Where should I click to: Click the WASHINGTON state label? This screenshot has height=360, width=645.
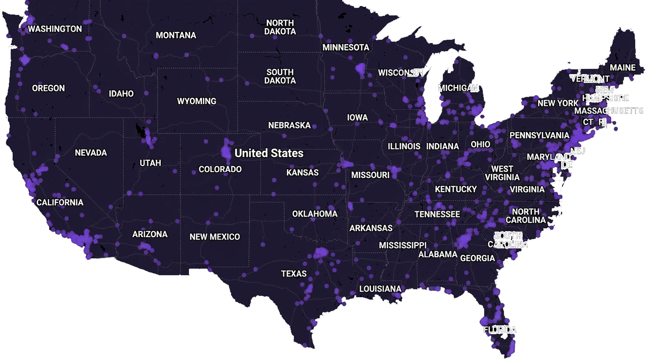(x=55, y=29)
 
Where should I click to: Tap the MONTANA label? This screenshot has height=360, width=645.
(x=176, y=36)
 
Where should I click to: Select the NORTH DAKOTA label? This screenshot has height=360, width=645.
(x=280, y=27)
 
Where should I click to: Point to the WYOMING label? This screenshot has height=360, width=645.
(x=196, y=101)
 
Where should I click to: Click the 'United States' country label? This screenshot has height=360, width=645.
(x=269, y=153)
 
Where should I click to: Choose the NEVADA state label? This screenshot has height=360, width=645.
(x=91, y=153)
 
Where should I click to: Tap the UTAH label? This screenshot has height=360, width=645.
(x=150, y=163)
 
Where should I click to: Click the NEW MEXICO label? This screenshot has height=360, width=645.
(x=215, y=237)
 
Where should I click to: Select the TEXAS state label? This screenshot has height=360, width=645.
(x=294, y=274)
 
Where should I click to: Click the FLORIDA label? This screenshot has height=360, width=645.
(x=500, y=330)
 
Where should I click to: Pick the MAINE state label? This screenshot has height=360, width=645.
(x=622, y=68)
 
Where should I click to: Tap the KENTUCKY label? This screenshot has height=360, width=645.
(x=456, y=189)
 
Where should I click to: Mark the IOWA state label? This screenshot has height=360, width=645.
(x=358, y=118)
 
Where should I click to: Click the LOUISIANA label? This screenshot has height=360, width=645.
(x=380, y=289)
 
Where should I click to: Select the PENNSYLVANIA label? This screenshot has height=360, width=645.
(x=539, y=135)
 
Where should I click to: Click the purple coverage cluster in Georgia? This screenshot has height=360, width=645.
(x=464, y=240)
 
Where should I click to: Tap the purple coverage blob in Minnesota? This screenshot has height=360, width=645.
(x=360, y=69)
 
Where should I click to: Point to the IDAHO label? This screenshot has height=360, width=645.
(x=121, y=94)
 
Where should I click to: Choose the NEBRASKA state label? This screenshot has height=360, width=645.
(x=289, y=126)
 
